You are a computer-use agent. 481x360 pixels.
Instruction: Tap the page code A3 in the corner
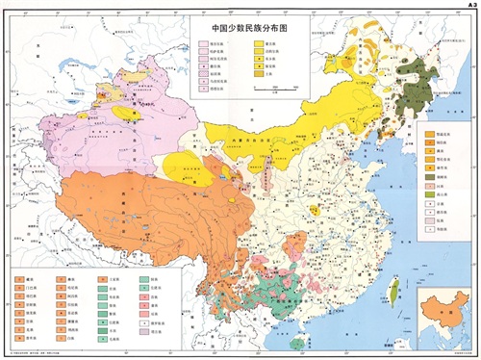(x=468, y=6)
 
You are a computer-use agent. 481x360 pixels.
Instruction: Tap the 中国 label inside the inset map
(x=440, y=321)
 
